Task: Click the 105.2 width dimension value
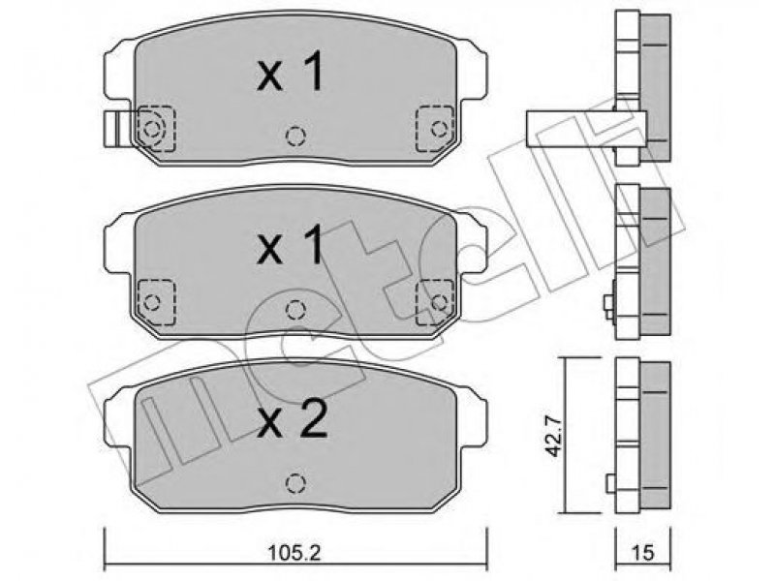[294, 552]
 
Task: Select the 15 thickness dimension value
[643, 552]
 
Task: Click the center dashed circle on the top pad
[295, 136]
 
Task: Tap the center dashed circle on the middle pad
[295, 310]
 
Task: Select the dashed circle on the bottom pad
[295, 482]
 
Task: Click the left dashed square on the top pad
[157, 129]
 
